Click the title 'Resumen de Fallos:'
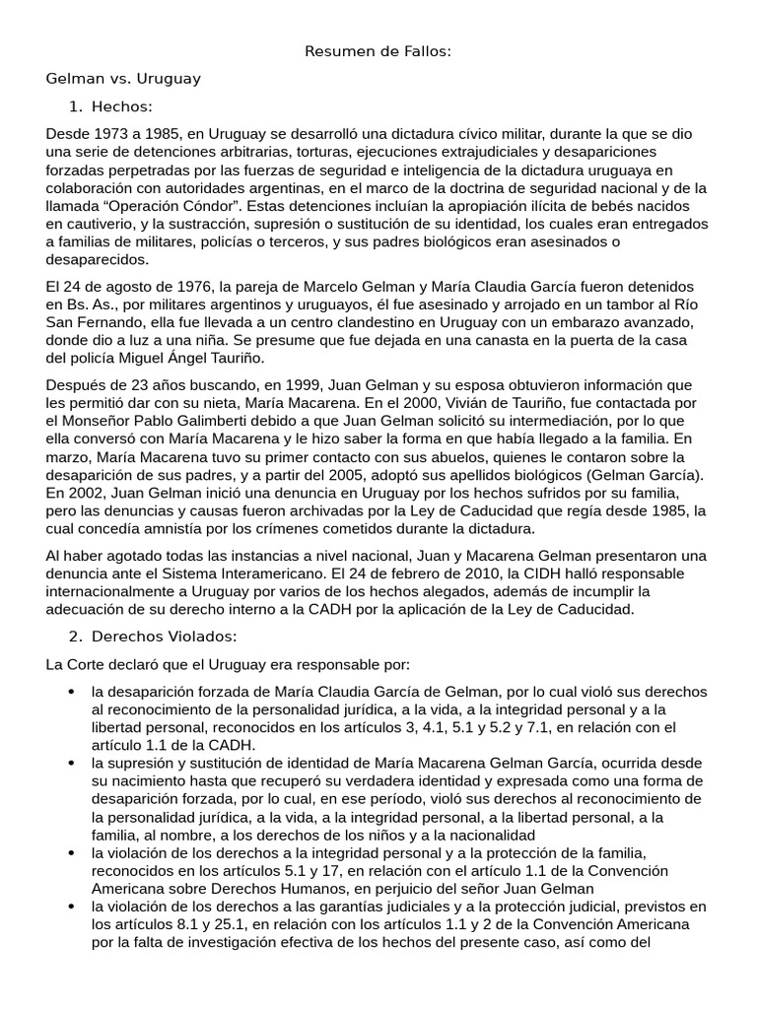coord(378,51)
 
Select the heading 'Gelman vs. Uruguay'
coord(123,78)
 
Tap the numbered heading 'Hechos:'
coord(122,106)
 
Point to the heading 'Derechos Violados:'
coord(165,636)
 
